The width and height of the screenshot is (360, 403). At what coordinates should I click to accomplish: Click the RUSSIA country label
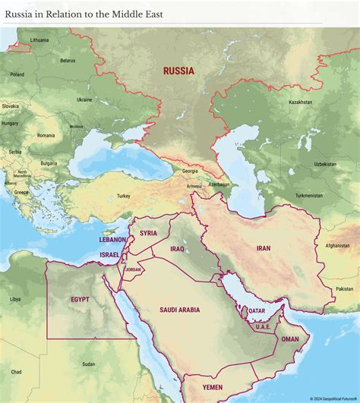click(178, 71)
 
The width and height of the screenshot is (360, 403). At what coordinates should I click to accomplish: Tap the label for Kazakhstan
click(300, 102)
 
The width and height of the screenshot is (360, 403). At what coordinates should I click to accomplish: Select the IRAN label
click(264, 247)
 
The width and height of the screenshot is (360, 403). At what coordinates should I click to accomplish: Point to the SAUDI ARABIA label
click(179, 310)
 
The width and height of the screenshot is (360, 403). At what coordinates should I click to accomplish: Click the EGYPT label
click(80, 299)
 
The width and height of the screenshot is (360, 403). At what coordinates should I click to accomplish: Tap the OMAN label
click(290, 339)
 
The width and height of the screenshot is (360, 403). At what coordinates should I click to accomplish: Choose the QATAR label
click(257, 310)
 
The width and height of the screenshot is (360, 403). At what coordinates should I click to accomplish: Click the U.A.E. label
click(263, 326)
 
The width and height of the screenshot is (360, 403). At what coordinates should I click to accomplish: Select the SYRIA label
click(148, 233)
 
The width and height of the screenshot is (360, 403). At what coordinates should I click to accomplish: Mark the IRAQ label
click(178, 248)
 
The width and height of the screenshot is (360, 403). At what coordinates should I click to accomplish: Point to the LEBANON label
click(112, 239)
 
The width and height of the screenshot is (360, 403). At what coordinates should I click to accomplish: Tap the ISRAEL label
click(109, 254)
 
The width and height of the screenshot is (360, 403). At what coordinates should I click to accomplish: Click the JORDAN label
click(134, 269)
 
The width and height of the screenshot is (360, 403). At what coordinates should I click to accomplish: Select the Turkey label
click(123, 196)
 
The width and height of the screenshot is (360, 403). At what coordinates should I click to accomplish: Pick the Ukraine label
click(84, 99)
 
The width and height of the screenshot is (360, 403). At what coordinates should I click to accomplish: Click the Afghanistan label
click(337, 245)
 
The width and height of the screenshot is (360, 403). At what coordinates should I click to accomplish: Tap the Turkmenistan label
click(309, 195)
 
